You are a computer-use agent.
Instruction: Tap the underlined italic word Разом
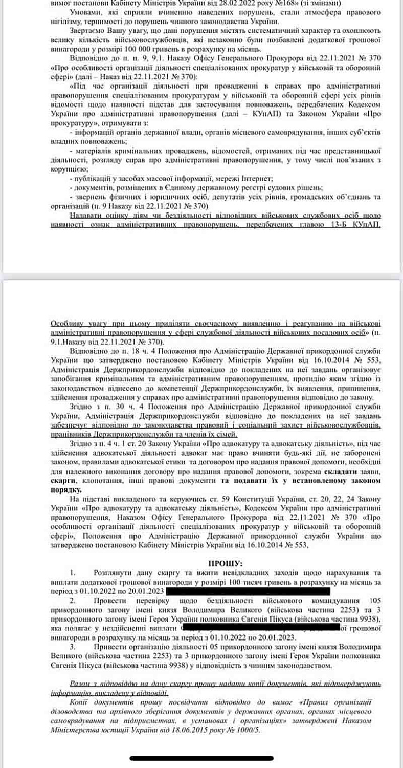(x=80, y=684)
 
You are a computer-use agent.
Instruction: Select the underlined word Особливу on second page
(x=68, y=324)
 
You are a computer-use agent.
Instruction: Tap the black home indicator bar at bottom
(x=200, y=758)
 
